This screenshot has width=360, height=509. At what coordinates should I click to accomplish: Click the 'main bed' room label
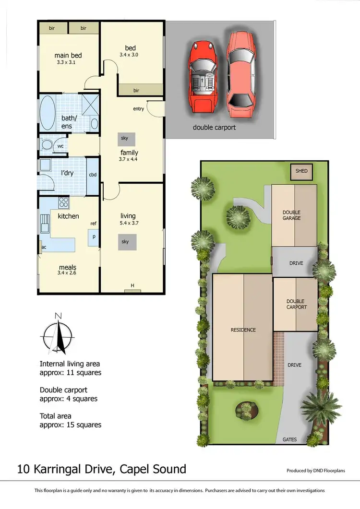(x=66, y=55)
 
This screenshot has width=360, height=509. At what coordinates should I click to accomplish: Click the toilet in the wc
(x=48, y=145)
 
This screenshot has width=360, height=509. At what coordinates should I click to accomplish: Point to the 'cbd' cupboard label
(x=93, y=175)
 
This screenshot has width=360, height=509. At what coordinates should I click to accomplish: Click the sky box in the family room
(x=124, y=138)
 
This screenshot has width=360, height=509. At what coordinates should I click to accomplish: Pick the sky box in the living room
(x=125, y=242)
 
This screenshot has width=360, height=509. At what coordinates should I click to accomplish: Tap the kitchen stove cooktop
(x=63, y=202)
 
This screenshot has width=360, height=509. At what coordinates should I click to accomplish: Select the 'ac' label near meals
(x=44, y=248)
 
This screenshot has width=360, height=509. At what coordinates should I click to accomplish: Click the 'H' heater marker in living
(x=132, y=286)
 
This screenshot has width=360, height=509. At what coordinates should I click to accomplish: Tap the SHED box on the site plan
(x=301, y=171)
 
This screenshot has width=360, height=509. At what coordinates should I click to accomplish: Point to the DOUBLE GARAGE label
(x=291, y=215)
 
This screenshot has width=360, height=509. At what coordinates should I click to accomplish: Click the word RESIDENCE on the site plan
(x=243, y=330)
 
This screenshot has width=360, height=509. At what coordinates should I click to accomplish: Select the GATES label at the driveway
(x=289, y=439)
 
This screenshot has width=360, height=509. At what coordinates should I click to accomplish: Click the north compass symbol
(x=58, y=334)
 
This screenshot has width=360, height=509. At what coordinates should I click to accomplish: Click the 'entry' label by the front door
(x=138, y=109)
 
